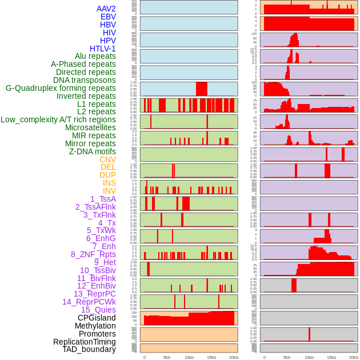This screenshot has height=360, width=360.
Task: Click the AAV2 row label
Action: pyautogui.click(x=106, y=9)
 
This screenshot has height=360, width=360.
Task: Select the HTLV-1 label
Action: pyautogui.click(x=103, y=49)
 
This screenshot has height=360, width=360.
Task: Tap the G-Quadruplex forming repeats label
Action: pyautogui.click(x=61, y=88)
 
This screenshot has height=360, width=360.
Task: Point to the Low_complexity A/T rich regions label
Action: pyautogui.click(x=58, y=119)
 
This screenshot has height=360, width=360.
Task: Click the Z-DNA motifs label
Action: pyautogui.click(x=93, y=151)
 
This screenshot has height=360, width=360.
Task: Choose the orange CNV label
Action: pyautogui.click(x=107, y=159)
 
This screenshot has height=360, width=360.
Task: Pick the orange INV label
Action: pyautogui.click(x=109, y=191)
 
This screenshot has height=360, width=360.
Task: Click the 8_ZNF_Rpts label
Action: pyautogui.click(x=93, y=254)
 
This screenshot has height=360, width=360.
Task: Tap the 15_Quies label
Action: pyautogui.click(x=98, y=310)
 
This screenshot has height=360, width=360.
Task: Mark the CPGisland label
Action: pyautogui.click(x=97, y=318)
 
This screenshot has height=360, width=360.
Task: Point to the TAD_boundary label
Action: pyautogui.click(x=89, y=349)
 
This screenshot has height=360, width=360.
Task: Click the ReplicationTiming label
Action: pyautogui.click(x=85, y=342)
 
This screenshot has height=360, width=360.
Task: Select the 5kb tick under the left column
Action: pyautogui.click(x=167, y=357)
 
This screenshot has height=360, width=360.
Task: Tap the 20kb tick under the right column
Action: pyautogui.click(x=354, y=357)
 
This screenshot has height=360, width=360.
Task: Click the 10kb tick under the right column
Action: pyautogui.click(x=309, y=357)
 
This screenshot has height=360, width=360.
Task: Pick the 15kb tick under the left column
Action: pyautogui.click(x=211, y=357)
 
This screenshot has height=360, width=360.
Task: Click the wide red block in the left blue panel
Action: pyautogui.click(x=201, y=89)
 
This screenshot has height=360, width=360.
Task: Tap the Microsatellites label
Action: pyautogui.click(x=90, y=127)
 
